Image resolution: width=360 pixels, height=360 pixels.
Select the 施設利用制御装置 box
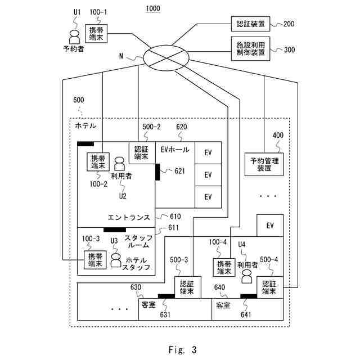(x=250, y=49)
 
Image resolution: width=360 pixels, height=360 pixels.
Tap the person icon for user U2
(x=120, y=164)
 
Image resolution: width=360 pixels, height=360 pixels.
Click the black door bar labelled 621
(x=158, y=172)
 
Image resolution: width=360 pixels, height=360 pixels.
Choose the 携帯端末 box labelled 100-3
(x=95, y=260)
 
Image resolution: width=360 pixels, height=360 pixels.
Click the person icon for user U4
(x=246, y=276)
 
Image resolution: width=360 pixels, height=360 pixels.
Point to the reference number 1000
(x=151, y=8)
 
